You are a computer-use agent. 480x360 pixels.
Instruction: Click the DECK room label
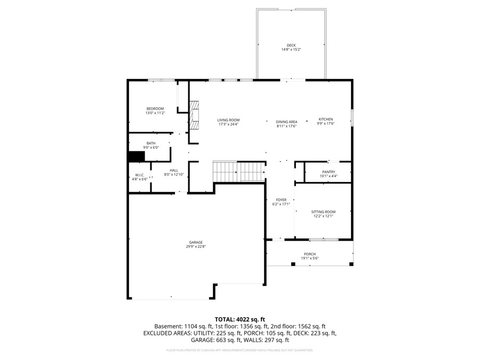click(291, 45)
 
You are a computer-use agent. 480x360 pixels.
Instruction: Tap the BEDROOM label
click(155, 109)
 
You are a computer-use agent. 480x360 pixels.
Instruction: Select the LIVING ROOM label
click(228, 120)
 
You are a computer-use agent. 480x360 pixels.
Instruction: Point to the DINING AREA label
click(286, 122)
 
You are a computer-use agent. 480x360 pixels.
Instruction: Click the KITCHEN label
click(326, 119)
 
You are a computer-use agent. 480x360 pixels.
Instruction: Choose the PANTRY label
click(328, 172)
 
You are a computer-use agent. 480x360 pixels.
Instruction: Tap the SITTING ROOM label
click(323, 212)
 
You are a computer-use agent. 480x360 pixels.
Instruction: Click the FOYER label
click(281, 200)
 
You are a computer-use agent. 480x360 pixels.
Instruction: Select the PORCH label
click(310, 254)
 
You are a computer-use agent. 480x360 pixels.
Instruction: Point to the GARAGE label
click(195, 242)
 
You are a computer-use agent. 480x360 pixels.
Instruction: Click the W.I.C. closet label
click(140, 175)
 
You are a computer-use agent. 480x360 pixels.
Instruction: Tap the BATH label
click(151, 143)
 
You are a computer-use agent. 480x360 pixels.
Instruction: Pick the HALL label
click(174, 170)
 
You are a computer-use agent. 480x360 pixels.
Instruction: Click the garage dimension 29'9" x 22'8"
click(195, 247)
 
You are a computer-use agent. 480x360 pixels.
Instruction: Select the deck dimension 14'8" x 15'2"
click(291, 50)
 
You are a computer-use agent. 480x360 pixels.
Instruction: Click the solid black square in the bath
click(137, 156)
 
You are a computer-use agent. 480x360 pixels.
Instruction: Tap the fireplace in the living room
click(195, 115)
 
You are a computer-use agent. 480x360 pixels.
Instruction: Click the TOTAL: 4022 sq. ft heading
click(239, 319)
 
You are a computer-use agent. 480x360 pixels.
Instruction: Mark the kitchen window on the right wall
click(351, 118)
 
